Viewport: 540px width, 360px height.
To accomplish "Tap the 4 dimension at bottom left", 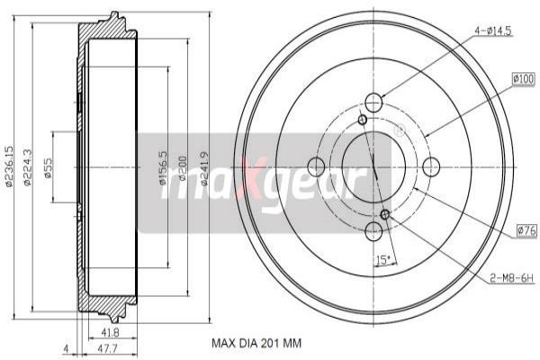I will pyautogui.click(x=66, y=348).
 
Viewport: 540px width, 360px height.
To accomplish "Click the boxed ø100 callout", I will pyautogui.click(x=523, y=79).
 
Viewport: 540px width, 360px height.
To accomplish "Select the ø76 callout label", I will pyautogui.click(x=526, y=231).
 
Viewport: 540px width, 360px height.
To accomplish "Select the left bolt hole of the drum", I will pyautogui.click(x=316, y=166).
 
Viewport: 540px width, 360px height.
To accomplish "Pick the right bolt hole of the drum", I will pyautogui.click(x=431, y=166).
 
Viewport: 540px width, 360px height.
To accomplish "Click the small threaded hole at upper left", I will pyautogui.click(x=362, y=120).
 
